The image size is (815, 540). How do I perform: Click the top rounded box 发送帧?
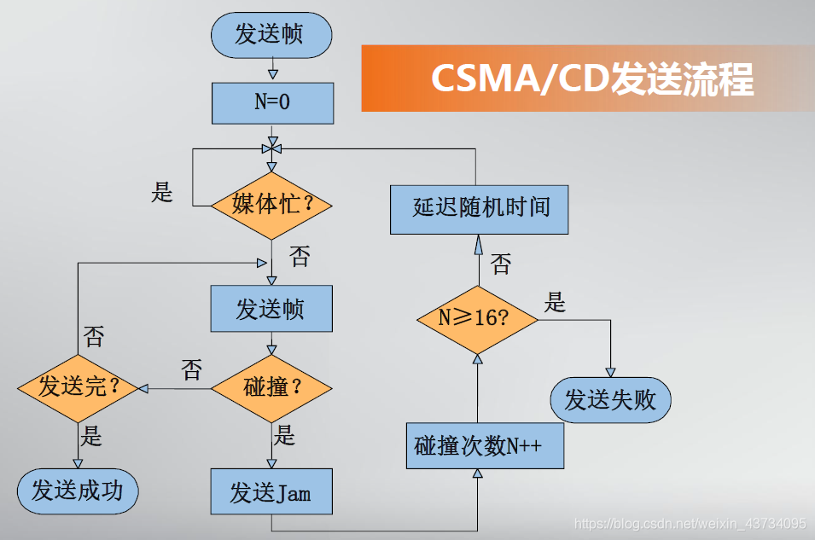click(x=271, y=34)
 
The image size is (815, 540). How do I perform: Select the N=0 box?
click(x=271, y=102)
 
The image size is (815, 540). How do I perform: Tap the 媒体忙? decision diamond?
click(x=271, y=205)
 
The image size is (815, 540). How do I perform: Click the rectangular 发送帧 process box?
click(x=271, y=308)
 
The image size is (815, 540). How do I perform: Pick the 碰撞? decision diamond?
click(x=271, y=387)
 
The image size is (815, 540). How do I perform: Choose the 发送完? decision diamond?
click(x=78, y=387)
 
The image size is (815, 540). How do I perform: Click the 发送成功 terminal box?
click(x=78, y=491)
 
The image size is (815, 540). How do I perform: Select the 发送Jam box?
click(x=271, y=492)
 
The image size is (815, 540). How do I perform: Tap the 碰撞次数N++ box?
click(x=485, y=445)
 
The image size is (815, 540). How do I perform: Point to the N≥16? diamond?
click(x=477, y=318)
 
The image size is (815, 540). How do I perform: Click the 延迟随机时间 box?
click(x=480, y=207)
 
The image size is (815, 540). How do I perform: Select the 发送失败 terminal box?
click(x=610, y=399)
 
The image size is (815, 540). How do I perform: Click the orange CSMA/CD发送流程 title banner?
click(x=587, y=78)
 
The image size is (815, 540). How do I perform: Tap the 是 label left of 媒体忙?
click(x=162, y=193)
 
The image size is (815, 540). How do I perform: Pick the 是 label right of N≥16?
click(x=556, y=302)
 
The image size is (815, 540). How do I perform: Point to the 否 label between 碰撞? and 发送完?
click(x=192, y=370)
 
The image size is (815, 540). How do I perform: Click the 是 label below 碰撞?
click(x=285, y=436)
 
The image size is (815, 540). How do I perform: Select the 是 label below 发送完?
click(x=92, y=437)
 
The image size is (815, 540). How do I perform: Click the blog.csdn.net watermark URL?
click(x=690, y=523)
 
